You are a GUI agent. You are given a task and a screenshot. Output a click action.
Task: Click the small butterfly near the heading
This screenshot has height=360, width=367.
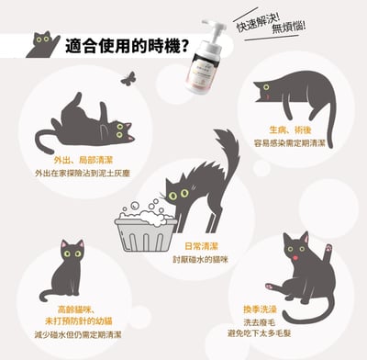(127, 79)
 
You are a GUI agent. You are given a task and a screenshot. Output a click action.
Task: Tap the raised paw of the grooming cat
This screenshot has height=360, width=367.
(329, 249)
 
